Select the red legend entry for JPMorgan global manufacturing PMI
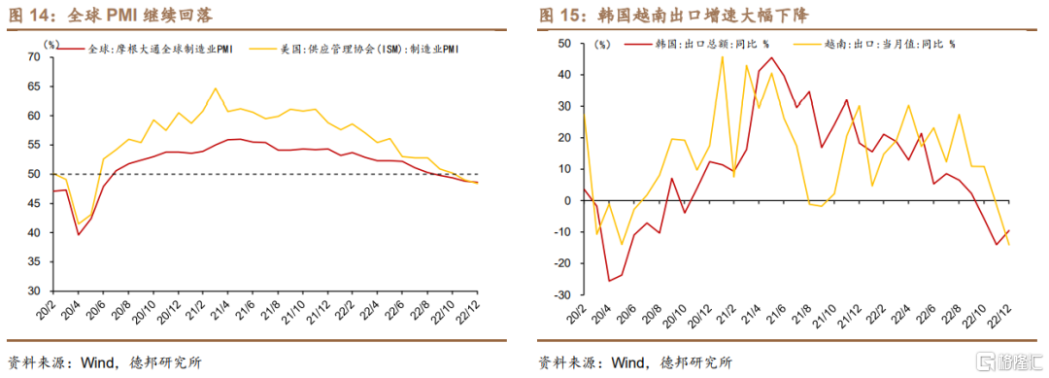(x=145, y=49)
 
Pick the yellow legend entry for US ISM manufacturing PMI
(x=355, y=49)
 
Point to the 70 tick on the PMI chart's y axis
(x=33, y=57)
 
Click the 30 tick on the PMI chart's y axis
(x=33, y=292)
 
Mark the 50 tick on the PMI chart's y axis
(x=33, y=175)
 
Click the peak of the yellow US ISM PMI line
(x=215, y=88)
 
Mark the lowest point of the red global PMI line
(x=79, y=234)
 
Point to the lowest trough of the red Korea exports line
(x=609, y=280)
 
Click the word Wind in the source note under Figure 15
(x=626, y=363)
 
